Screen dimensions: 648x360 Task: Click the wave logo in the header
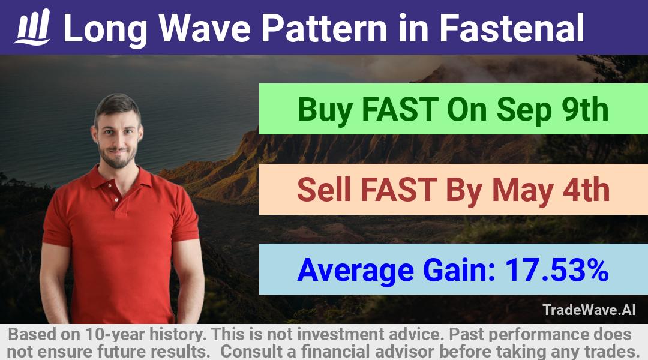click(32, 27)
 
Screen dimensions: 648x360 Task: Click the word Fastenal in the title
click(511, 28)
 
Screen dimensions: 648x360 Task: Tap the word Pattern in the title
click(324, 28)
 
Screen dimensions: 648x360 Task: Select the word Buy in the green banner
click(325, 110)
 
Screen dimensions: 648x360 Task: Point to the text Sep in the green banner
click(524, 110)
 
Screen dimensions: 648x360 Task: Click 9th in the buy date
click(585, 109)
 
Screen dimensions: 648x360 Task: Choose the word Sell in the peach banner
click(323, 190)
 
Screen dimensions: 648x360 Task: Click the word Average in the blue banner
click(355, 271)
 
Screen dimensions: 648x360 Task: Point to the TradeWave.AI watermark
click(589, 310)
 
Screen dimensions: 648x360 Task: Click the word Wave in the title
click(205, 28)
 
